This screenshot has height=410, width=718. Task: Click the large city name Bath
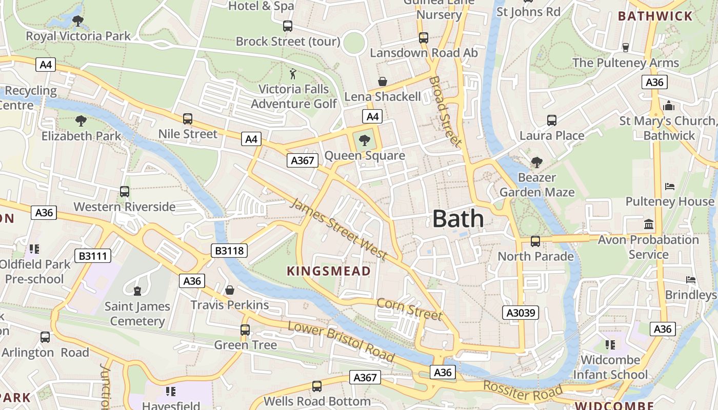pos(458,219)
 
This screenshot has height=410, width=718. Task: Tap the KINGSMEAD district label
pos(328,271)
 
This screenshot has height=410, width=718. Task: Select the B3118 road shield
pos(229,251)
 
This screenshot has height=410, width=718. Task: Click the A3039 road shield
pos(521,313)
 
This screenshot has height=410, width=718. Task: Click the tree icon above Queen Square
pos(365,140)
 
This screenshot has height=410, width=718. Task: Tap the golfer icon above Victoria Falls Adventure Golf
pos(293,74)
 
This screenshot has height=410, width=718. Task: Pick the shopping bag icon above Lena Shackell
pos(382,81)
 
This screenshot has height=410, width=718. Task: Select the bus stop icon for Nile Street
pos(188,119)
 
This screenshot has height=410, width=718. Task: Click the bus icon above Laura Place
pos(552,120)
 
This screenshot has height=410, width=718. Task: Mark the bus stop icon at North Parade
pos(535,241)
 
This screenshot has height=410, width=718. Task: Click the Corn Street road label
pos(409,309)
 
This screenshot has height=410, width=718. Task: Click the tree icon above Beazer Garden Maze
pos(537,162)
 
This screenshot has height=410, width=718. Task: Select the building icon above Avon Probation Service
pos(649,224)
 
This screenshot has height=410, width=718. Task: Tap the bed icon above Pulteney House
pos(670,186)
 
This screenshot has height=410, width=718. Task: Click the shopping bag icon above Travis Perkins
pos(230,290)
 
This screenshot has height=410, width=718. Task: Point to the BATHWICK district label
pos(655,16)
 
